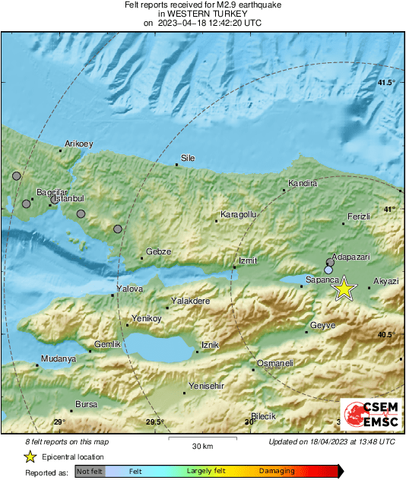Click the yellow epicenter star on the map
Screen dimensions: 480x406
pyautogui.click(x=344, y=289)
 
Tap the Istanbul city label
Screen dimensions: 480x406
pyautogui.click(x=66, y=198)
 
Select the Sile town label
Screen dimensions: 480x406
pyautogui.click(x=187, y=158)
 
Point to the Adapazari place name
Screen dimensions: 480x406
pyautogui.click(x=350, y=257)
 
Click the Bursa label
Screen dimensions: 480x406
pyautogui.click(x=87, y=405)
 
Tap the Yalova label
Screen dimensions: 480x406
pyautogui.click(x=129, y=289)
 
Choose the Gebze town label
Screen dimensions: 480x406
pyautogui.click(x=159, y=251)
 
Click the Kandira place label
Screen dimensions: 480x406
pyautogui.click(x=303, y=184)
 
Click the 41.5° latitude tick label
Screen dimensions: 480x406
pyautogui.click(x=386, y=82)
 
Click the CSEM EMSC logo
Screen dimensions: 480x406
pyautogui.click(x=370, y=415)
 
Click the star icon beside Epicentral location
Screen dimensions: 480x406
pyautogui.click(x=30, y=456)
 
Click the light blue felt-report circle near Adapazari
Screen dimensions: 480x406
pyautogui.click(x=328, y=270)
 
